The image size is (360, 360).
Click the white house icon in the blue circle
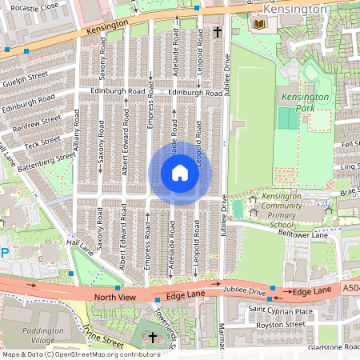tap(179, 173)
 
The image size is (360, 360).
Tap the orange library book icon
tap(258, 25)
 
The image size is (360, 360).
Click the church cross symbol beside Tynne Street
tap(154, 335)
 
